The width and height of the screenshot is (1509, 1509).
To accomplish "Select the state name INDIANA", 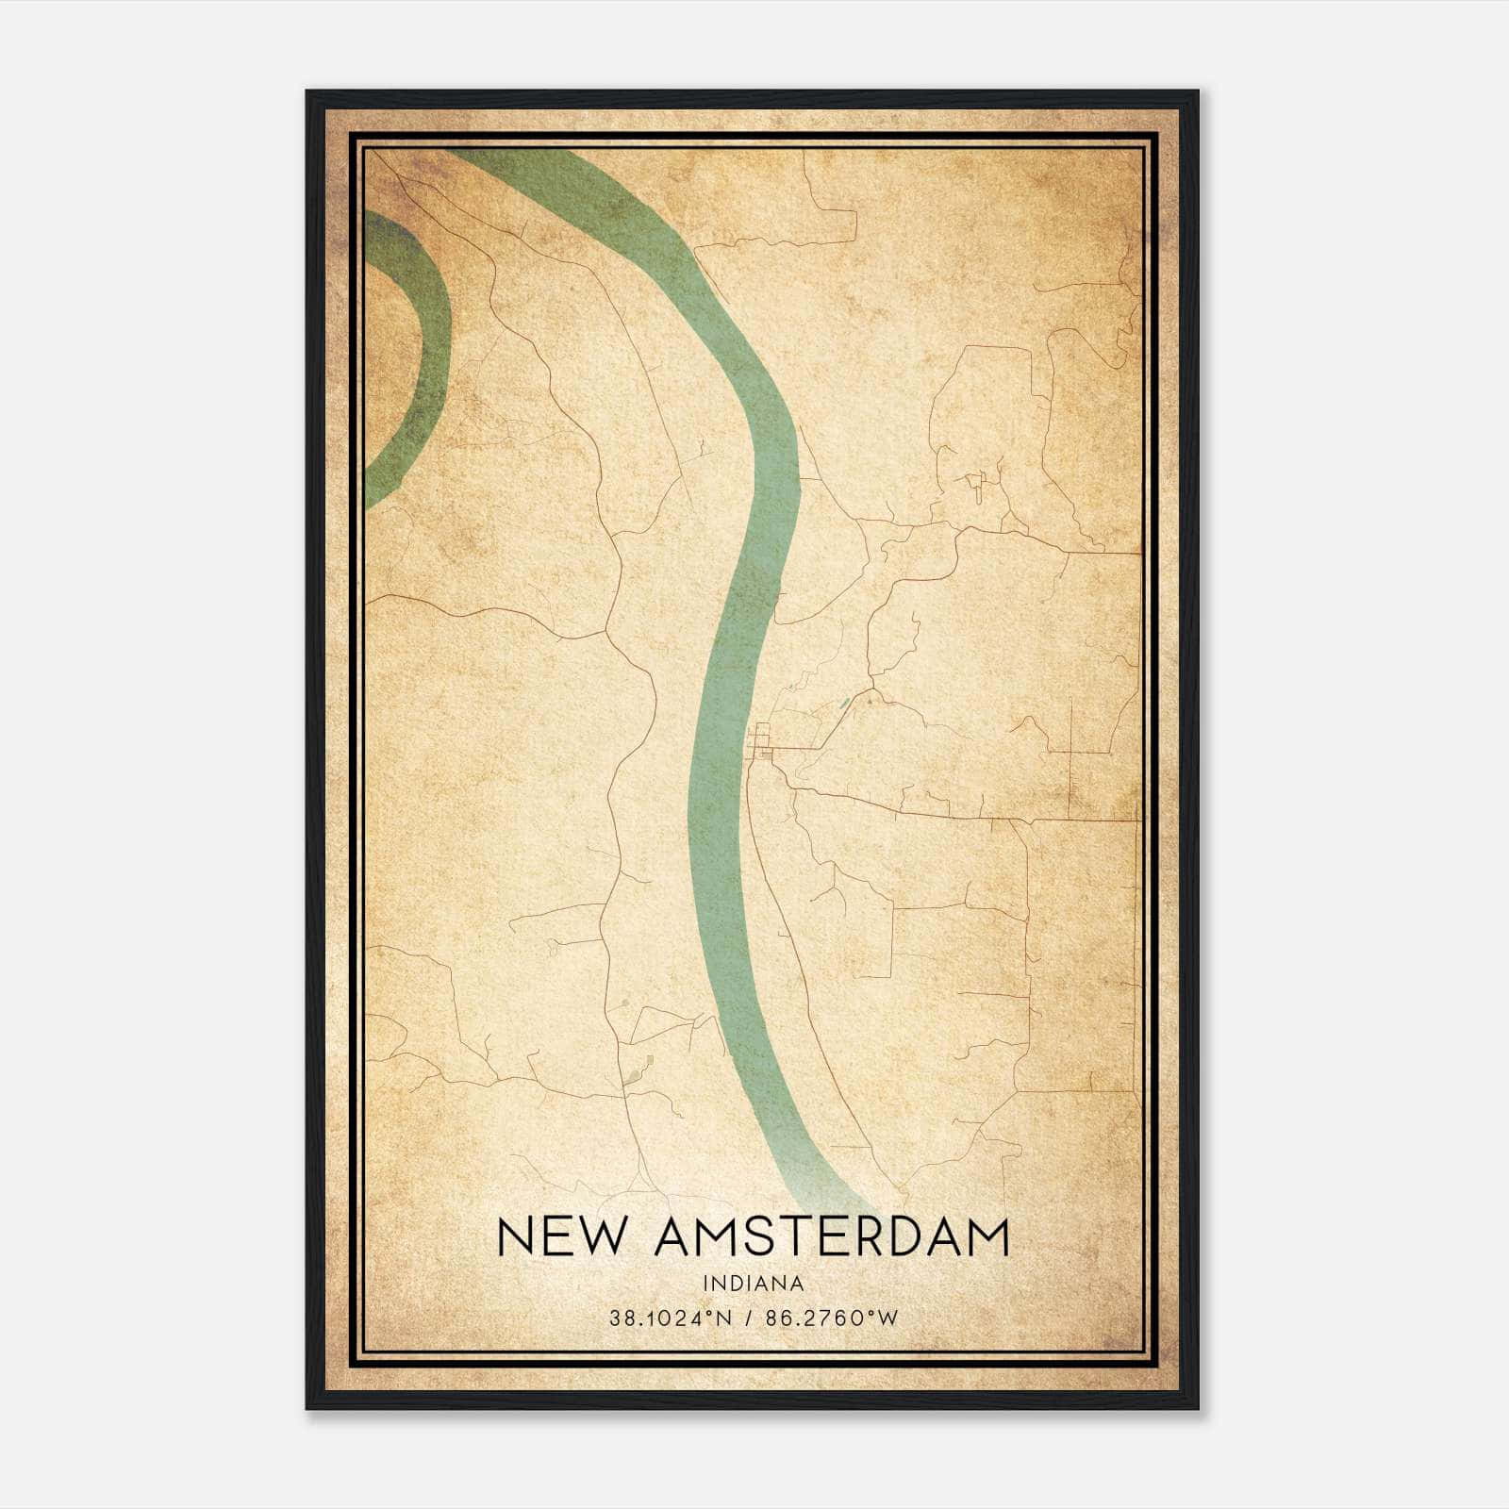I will (x=753, y=1284).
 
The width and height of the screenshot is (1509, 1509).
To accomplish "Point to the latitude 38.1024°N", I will (x=671, y=1318).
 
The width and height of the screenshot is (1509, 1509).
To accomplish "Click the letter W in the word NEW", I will (x=599, y=1237).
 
